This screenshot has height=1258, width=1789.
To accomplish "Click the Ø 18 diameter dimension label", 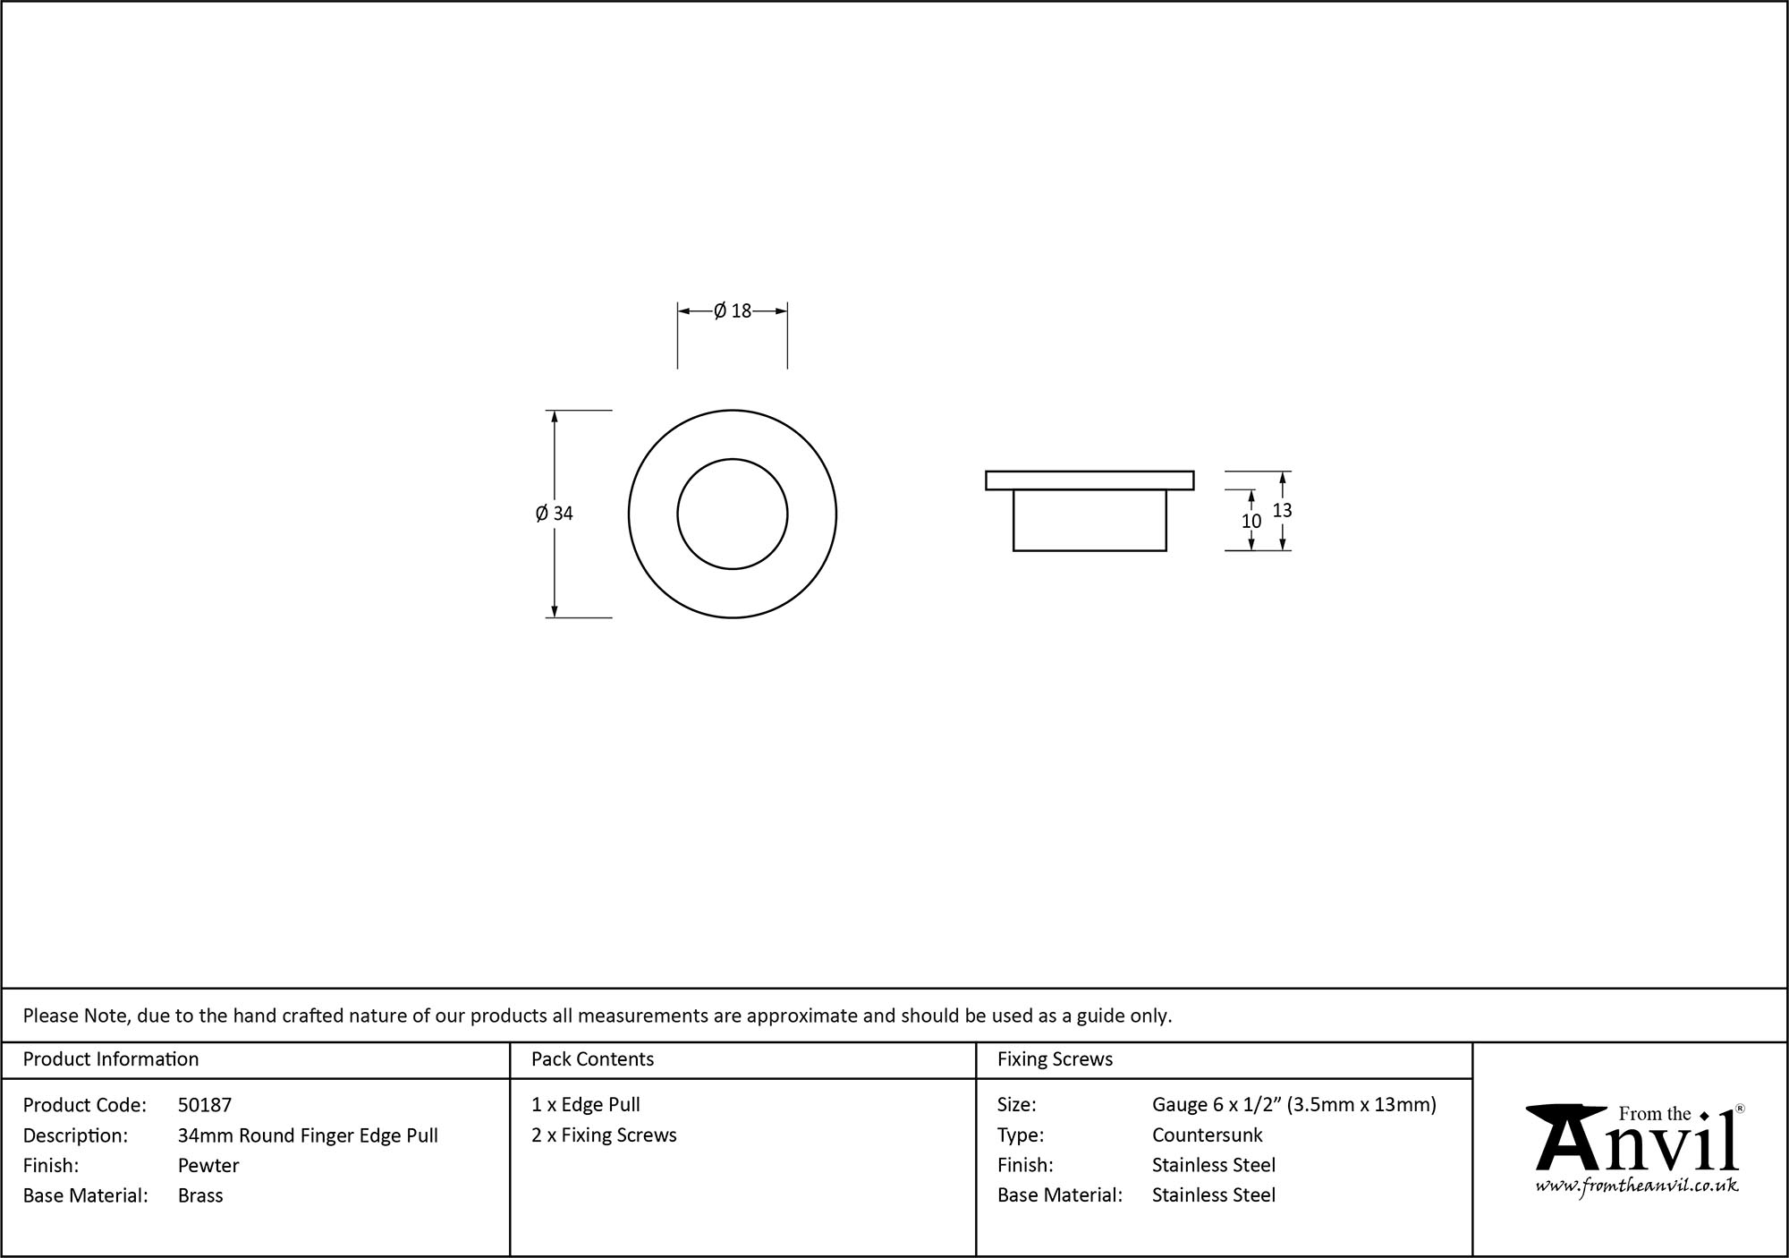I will pos(733,311).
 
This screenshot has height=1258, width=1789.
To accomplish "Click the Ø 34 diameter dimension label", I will pos(555,514).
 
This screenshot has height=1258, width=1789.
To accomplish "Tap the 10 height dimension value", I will pos(1251,521).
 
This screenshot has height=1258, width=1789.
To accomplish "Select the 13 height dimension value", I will pos(1282,510).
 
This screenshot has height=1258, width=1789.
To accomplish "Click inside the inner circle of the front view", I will pos(733,514).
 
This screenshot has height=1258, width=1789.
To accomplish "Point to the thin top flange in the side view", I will pos(1090,480).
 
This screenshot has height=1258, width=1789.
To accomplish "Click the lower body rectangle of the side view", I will pos(1090,521).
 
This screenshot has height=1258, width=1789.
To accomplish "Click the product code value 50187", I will pos(205,1105).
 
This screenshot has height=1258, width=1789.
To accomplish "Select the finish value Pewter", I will pos(208,1165).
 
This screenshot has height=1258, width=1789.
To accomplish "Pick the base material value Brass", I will pos(200,1195).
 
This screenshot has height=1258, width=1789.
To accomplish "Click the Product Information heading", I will pos(111,1059).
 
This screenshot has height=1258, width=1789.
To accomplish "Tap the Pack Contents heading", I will pos(592,1059).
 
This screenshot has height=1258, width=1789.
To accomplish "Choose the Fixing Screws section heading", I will pos(1055,1059).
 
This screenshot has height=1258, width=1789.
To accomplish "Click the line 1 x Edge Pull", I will pos(586,1105).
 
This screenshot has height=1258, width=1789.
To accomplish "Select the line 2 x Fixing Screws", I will pos(604,1135).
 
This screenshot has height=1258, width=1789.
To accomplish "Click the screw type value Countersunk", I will pos(1207,1135).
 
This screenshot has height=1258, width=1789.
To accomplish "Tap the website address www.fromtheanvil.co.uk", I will pos(1637,1186).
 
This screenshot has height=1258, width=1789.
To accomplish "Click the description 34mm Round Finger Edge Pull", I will pos(308,1135).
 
